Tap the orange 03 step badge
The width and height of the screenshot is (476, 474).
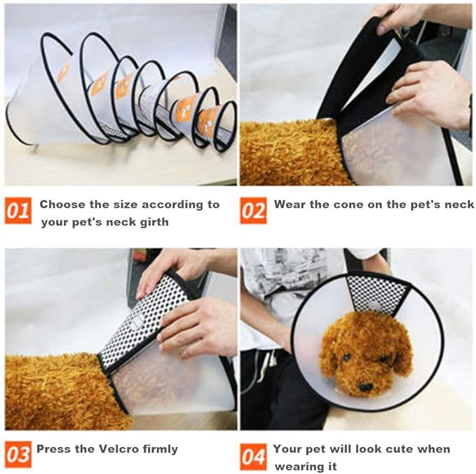click(18, 455)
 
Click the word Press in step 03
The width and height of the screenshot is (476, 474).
click(53, 449)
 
